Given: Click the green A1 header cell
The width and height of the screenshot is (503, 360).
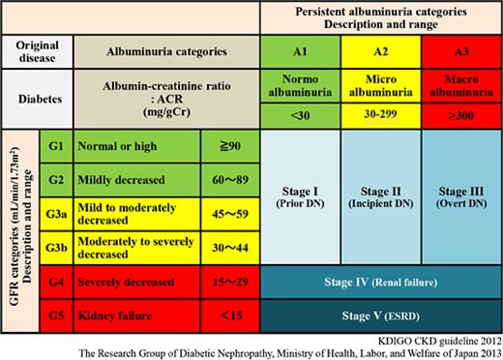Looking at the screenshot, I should [x=301, y=50].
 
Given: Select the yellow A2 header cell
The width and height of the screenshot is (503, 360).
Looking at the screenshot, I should [x=381, y=50].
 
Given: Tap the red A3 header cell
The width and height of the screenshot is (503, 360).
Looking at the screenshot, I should [x=461, y=50].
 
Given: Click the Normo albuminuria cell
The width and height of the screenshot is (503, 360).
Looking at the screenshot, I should [x=301, y=82].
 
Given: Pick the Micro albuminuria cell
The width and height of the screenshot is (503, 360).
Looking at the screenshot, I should [x=381, y=82].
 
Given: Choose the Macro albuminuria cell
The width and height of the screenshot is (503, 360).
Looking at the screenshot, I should [x=461, y=82].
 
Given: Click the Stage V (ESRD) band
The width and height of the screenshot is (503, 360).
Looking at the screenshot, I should [x=381, y=315].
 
